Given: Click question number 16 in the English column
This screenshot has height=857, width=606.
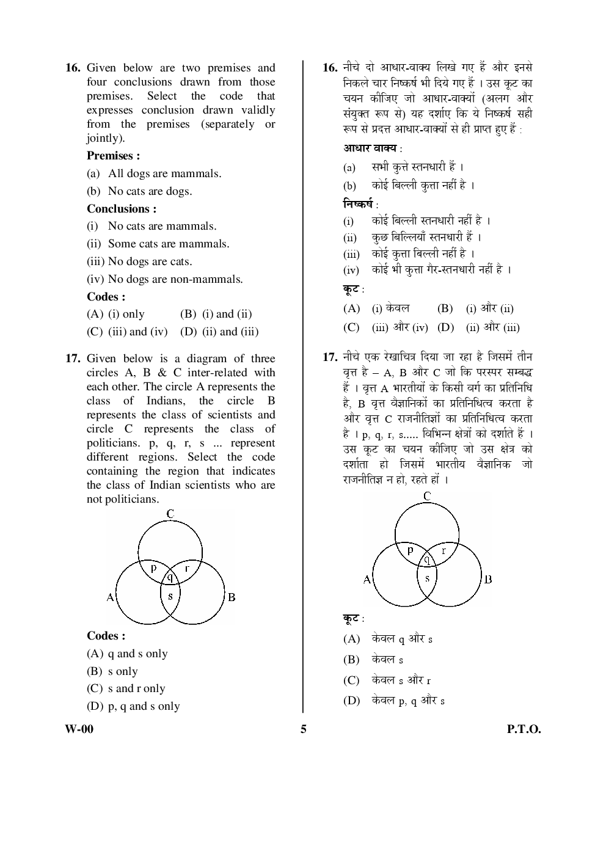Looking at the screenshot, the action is (x=73, y=68).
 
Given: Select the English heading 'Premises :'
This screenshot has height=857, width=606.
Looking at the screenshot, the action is (x=113, y=156).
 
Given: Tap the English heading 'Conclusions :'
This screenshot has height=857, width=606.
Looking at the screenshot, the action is (x=122, y=209).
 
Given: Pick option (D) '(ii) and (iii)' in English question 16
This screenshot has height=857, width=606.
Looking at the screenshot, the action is (x=219, y=332).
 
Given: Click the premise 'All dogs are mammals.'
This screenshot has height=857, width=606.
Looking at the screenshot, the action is (x=164, y=173).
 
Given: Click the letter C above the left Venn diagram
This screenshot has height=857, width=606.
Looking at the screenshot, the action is (x=170, y=514).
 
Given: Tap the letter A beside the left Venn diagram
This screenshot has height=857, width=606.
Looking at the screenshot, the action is (x=110, y=597).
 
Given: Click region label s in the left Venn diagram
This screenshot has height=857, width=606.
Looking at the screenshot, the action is (x=170, y=596).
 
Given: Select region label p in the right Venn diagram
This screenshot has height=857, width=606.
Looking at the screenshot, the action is (x=411, y=549).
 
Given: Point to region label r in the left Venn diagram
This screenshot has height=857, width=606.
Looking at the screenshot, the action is (x=187, y=568).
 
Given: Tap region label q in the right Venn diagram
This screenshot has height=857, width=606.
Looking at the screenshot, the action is (x=427, y=558).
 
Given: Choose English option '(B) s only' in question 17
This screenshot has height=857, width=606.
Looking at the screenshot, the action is (x=112, y=671).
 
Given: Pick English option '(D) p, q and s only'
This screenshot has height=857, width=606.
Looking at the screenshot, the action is (x=133, y=706).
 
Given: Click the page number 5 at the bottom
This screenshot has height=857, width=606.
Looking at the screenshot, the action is (x=304, y=729).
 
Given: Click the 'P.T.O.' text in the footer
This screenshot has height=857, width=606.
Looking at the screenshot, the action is (x=524, y=729).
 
